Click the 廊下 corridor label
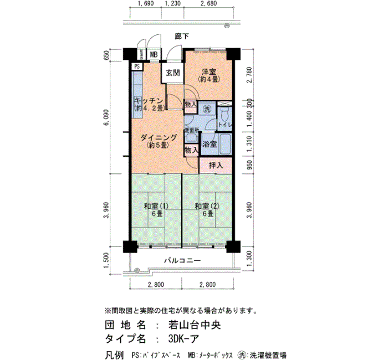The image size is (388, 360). click(182, 37)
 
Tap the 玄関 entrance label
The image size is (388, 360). click(172, 73)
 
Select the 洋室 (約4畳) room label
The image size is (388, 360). click(208, 75)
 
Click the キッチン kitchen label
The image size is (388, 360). click(148, 104)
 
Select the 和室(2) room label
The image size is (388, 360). click(207, 210)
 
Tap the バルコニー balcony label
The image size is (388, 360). click(181, 260)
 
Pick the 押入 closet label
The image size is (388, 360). click(216, 165)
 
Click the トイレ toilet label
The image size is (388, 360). click(225, 126)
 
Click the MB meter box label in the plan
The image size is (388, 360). click(153, 55)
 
